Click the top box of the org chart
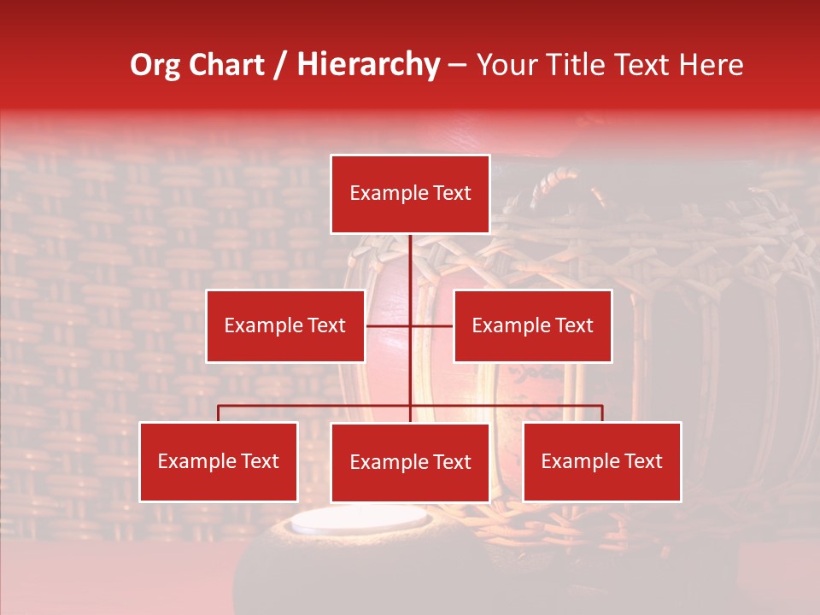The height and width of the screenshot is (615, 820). point(410,194)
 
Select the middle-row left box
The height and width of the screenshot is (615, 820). point(285,325)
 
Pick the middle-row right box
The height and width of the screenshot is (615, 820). point(532,325)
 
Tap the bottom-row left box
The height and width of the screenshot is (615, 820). point(219,461)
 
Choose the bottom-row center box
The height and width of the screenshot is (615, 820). point(410,462)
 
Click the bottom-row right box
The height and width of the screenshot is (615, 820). point(601,461)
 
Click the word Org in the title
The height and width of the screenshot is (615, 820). point(155,65)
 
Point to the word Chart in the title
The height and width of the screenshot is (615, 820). point(226,65)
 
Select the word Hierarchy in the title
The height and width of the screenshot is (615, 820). point(368,65)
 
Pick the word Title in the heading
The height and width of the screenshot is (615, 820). point(581,65)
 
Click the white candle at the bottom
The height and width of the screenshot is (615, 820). point(359,520)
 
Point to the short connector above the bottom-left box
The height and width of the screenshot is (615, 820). point(219,413)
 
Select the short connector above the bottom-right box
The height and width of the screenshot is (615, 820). point(602,413)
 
